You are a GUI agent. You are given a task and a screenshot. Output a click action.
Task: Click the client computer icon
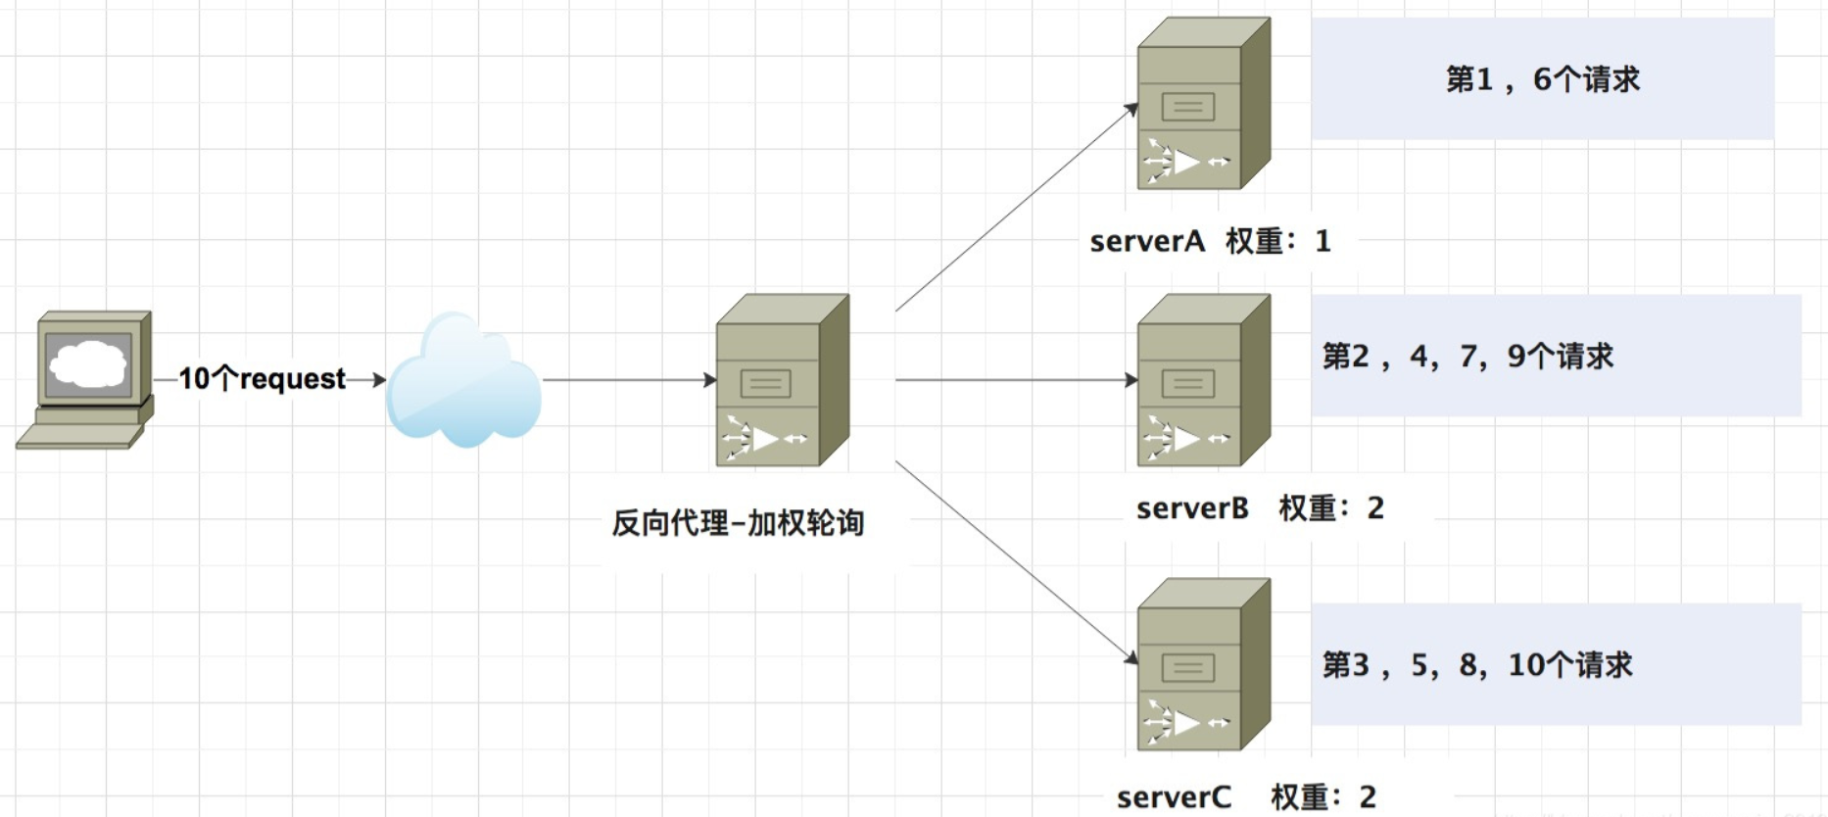coord(86,380)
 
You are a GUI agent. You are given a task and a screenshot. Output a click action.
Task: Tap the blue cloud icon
coord(463,380)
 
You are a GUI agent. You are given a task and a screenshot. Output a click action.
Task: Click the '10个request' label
coord(262,378)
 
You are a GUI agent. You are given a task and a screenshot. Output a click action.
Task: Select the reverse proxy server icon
coord(782,381)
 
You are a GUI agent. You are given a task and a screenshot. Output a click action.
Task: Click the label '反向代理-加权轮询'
coord(738,522)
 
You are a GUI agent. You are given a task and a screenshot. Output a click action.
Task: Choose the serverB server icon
coord(1203,381)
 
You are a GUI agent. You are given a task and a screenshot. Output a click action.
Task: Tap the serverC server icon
coord(1203,665)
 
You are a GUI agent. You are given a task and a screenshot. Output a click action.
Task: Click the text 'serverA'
coord(1146,241)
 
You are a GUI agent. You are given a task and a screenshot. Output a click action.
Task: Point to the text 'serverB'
coord(1192,507)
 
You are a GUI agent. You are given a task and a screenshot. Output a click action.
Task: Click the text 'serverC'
coord(1174,796)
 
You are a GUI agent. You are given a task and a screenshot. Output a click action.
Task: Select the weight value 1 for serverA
coord(1323,241)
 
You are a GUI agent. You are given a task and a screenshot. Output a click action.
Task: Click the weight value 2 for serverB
coord(1375,507)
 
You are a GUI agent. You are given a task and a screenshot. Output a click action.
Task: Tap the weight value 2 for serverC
coord(1368,796)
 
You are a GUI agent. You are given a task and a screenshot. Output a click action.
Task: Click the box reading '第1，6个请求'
coord(1542,79)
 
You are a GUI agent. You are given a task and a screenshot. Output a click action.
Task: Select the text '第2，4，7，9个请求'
coord(1467,357)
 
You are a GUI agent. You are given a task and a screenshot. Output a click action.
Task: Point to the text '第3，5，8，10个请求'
coord(1477,665)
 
